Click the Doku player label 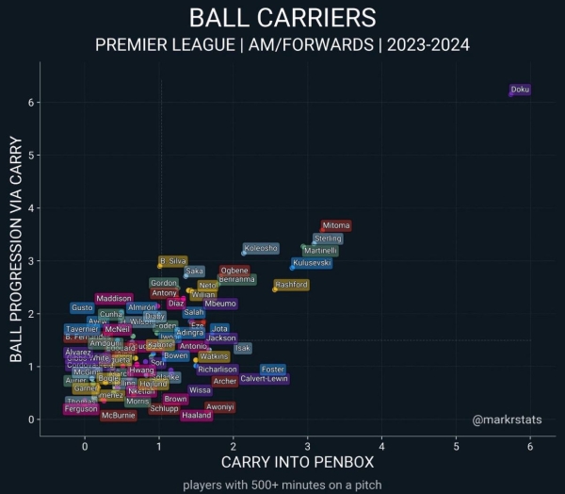pyautogui.click(x=521, y=90)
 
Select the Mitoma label pyautogui.click(x=336, y=226)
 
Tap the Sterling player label pyautogui.click(x=328, y=239)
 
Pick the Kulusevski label pyautogui.click(x=313, y=264)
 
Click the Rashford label pyautogui.click(x=292, y=285)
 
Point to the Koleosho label pyautogui.click(x=261, y=249)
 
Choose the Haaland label pyautogui.click(x=197, y=416)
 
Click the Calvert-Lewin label pyautogui.click(x=265, y=379)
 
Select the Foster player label pyautogui.click(x=273, y=370)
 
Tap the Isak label pyautogui.click(x=243, y=348)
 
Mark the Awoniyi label pyautogui.click(x=220, y=406)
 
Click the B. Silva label pyautogui.click(x=173, y=261)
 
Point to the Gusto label pyautogui.click(x=83, y=308)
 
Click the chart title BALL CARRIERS pyautogui.click(x=282, y=18)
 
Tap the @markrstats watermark pyautogui.click(x=507, y=419)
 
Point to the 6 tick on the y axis pyautogui.click(x=30, y=102)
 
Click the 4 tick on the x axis pyautogui.click(x=381, y=447)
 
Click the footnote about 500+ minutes pyautogui.click(x=282, y=485)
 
